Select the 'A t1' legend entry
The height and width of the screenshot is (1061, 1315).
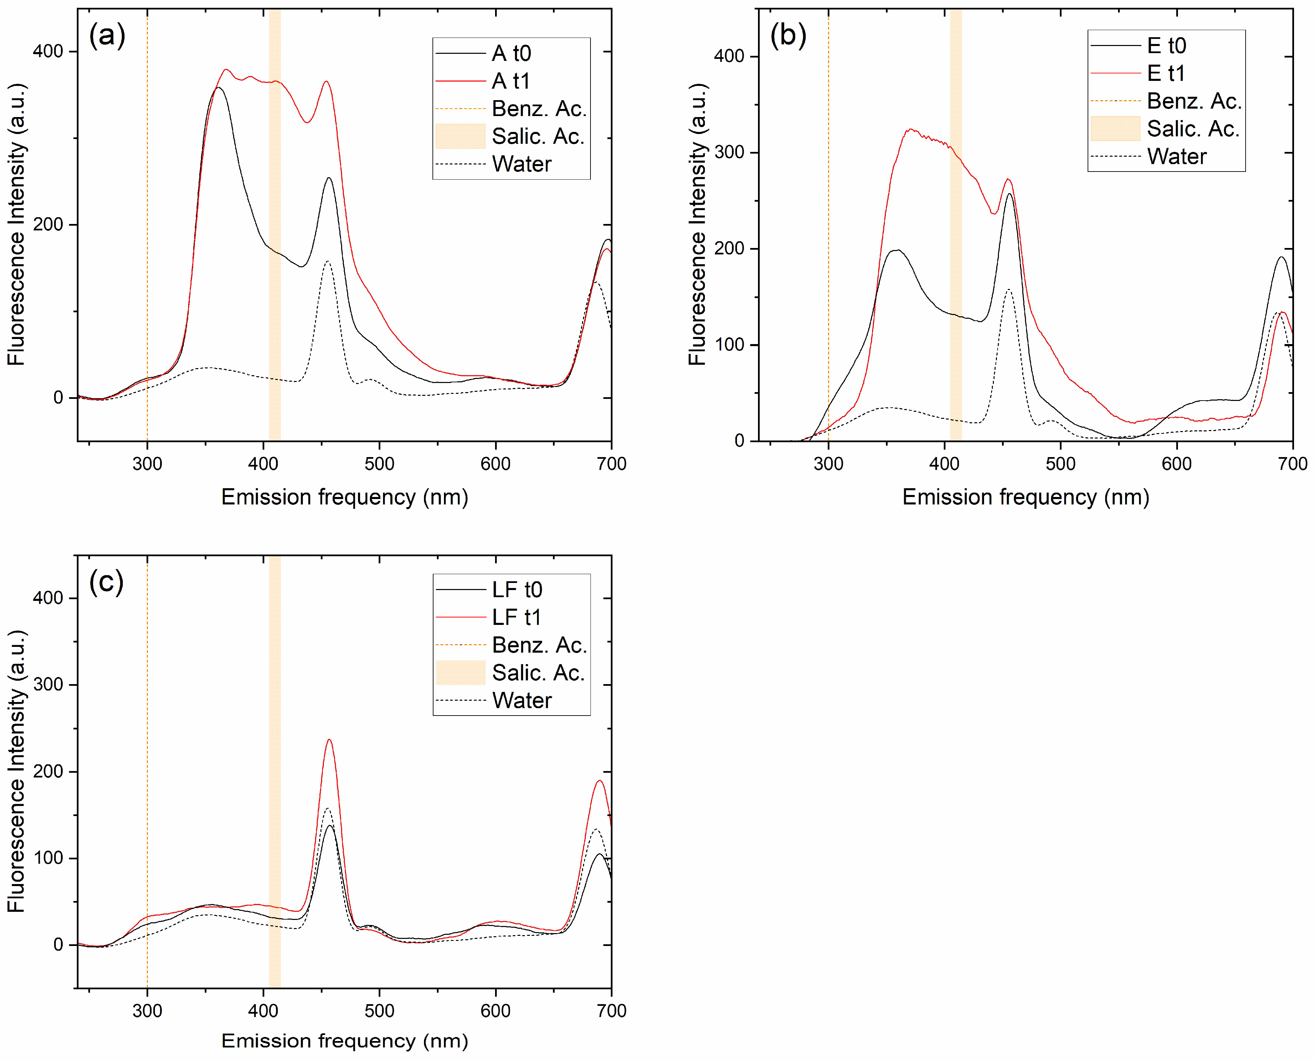(x=511, y=81)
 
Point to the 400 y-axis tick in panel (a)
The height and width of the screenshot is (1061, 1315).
(x=48, y=51)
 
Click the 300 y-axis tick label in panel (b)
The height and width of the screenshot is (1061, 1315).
(x=729, y=152)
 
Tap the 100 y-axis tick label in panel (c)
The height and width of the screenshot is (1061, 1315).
(x=48, y=858)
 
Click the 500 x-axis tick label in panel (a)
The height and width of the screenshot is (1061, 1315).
(x=379, y=464)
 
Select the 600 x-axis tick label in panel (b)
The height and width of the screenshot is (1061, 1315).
(x=1176, y=464)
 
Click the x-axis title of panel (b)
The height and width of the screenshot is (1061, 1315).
(x=1025, y=497)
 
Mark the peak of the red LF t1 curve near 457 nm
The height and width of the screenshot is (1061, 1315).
(x=329, y=740)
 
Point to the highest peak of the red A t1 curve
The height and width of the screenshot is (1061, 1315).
(x=226, y=70)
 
